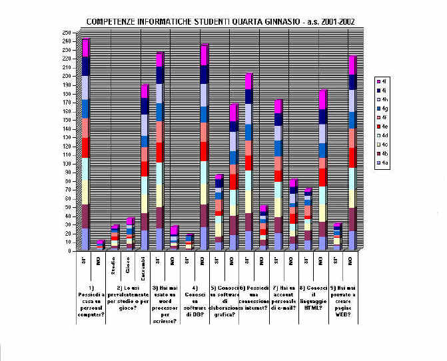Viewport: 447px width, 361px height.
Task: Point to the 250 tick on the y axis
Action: (x=66, y=33)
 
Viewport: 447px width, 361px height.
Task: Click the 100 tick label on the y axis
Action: (x=66, y=163)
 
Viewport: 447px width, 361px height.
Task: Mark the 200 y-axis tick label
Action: (x=66, y=76)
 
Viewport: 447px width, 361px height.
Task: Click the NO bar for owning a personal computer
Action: (x=100, y=244)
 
